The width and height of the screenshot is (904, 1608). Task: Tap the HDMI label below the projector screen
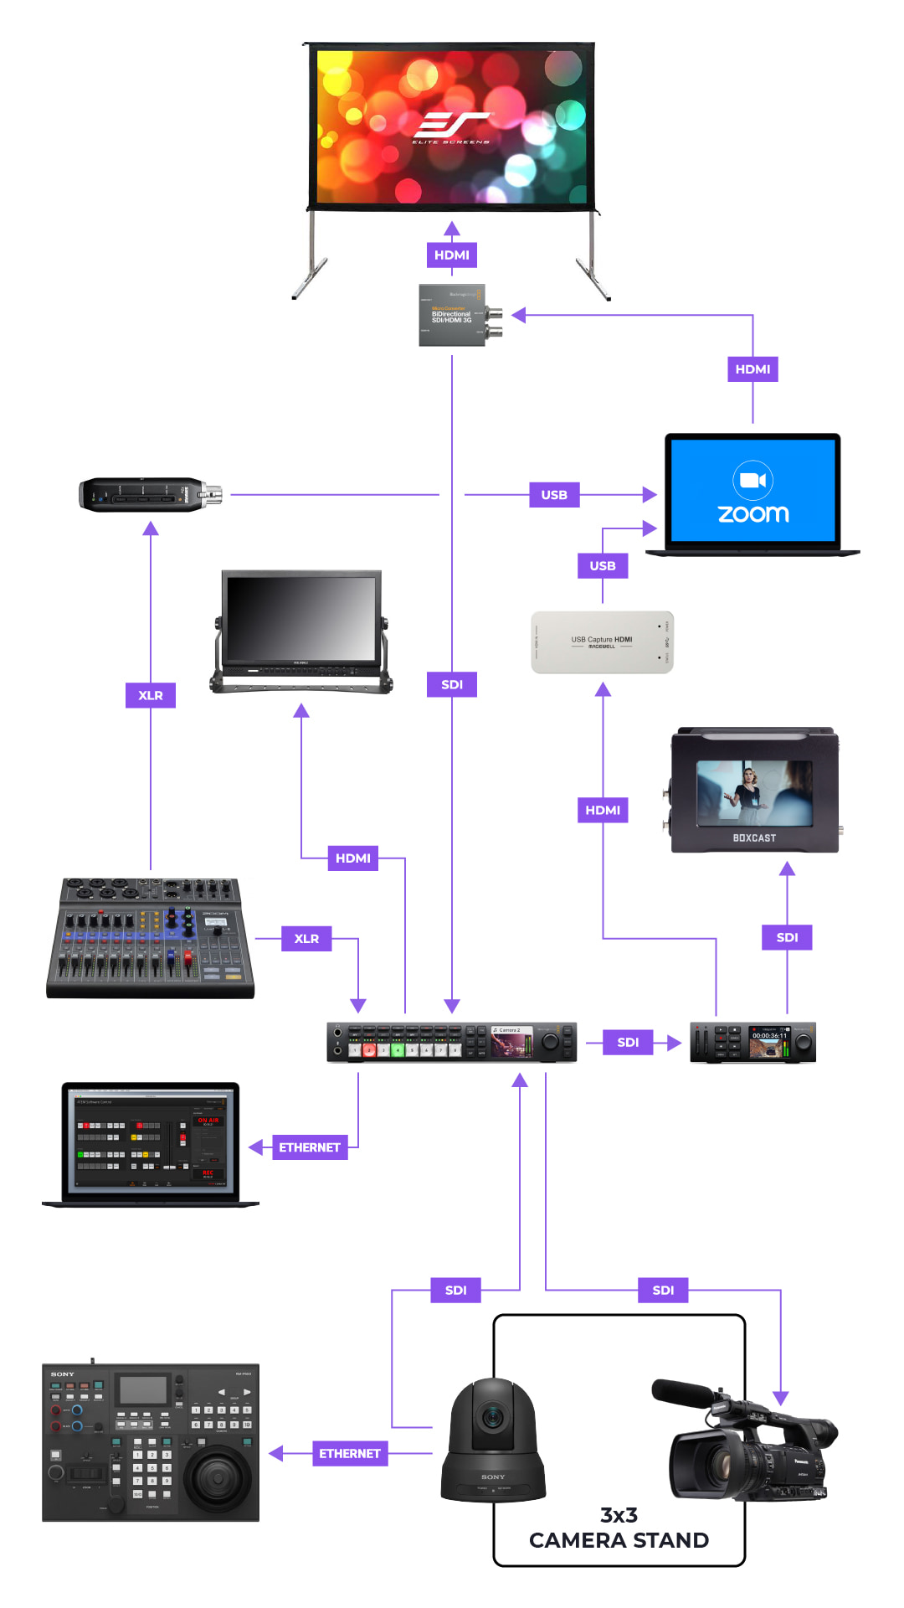(x=452, y=255)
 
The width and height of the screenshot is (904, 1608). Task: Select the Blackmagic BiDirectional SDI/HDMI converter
(x=452, y=315)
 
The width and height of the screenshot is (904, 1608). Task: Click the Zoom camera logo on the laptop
(x=752, y=480)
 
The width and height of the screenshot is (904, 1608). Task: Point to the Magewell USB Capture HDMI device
(x=602, y=642)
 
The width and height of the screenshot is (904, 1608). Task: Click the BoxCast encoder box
(x=754, y=791)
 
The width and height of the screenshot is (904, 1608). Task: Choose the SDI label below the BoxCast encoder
(x=787, y=937)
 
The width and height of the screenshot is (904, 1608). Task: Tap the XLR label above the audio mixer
(x=151, y=695)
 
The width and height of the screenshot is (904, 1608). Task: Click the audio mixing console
(x=151, y=938)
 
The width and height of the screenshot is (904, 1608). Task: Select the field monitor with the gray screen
(x=301, y=631)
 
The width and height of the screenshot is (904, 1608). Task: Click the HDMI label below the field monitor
(x=352, y=858)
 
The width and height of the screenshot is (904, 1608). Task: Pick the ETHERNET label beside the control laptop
(x=310, y=1147)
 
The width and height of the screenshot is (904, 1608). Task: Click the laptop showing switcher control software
(x=151, y=1144)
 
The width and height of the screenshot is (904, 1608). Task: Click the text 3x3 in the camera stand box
(x=619, y=1515)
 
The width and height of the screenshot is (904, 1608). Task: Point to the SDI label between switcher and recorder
(x=628, y=1042)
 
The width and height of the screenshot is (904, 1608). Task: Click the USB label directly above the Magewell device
(x=603, y=565)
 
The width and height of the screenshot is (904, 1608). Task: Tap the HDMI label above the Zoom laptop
(x=752, y=368)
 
